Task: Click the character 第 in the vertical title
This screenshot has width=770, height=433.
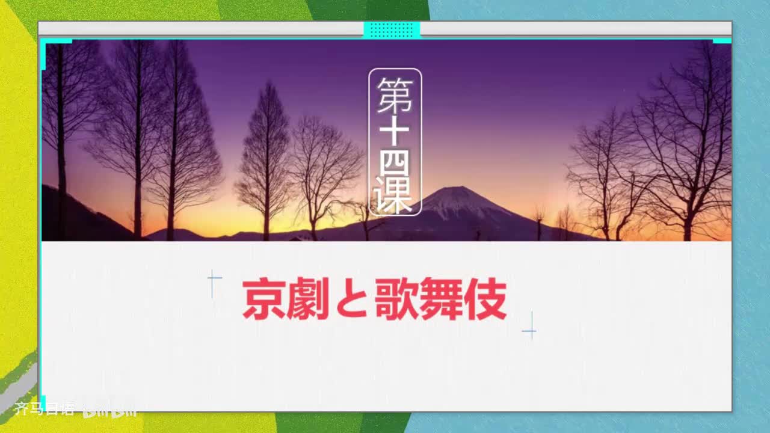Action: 395,95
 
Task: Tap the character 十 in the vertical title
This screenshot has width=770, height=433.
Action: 395,132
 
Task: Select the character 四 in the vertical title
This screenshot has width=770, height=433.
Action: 395,164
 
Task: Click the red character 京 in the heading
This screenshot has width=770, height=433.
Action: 264,299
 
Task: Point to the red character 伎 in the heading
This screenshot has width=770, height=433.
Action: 485,299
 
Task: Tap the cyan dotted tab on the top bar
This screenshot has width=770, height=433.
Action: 392,29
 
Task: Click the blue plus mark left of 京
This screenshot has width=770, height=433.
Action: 214,278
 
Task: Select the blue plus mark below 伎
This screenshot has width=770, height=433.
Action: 529,331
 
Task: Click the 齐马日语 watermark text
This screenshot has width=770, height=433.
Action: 44,410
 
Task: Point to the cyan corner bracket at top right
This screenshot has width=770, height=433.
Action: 722,41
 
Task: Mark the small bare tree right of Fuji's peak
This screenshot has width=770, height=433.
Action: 539,220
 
